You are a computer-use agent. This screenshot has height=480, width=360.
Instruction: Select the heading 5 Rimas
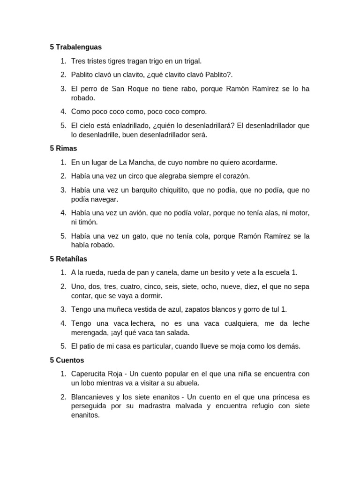[x=63, y=148]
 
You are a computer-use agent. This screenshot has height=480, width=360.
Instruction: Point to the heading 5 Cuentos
[x=67, y=360]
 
